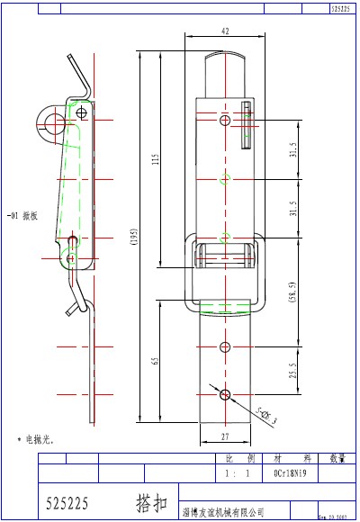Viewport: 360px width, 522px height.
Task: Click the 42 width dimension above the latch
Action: [224, 31]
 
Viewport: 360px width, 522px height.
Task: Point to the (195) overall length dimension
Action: [134, 238]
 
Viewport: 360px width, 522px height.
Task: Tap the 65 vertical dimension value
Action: [156, 363]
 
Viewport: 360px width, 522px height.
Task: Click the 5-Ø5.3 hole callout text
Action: [265, 415]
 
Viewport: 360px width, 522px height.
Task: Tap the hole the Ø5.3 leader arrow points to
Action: [224, 393]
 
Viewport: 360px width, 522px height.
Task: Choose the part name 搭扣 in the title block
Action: [150, 498]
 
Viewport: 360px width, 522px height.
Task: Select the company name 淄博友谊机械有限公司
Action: [222, 511]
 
